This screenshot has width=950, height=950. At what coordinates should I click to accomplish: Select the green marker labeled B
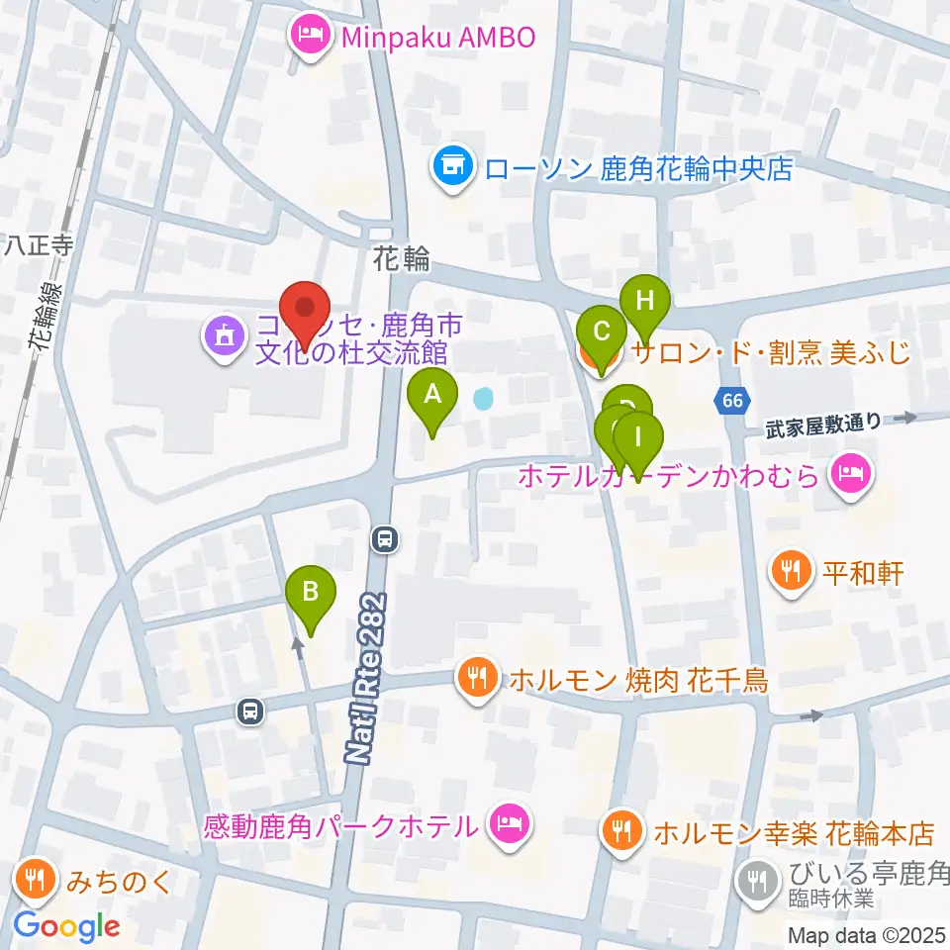pyautogui.click(x=311, y=597)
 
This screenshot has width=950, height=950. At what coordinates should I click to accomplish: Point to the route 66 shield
pyautogui.click(x=731, y=400)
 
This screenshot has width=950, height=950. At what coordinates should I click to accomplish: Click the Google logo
pyautogui.click(x=66, y=926)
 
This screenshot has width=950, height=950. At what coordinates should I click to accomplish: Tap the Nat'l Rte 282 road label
pyautogui.click(x=365, y=679)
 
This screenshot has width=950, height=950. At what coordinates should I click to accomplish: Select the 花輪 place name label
pyautogui.click(x=402, y=259)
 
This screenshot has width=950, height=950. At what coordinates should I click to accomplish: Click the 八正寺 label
pyautogui.click(x=37, y=245)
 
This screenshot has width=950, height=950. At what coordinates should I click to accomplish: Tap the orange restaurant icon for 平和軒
pyautogui.click(x=790, y=571)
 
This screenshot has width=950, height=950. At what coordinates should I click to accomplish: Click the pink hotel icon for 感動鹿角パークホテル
pyautogui.click(x=510, y=821)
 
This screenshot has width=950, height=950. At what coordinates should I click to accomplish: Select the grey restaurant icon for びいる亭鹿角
pyautogui.click(x=758, y=875)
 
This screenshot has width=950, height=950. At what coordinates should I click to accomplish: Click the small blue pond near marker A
pyautogui.click(x=483, y=400)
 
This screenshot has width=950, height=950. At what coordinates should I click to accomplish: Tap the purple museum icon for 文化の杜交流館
pyautogui.click(x=222, y=337)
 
